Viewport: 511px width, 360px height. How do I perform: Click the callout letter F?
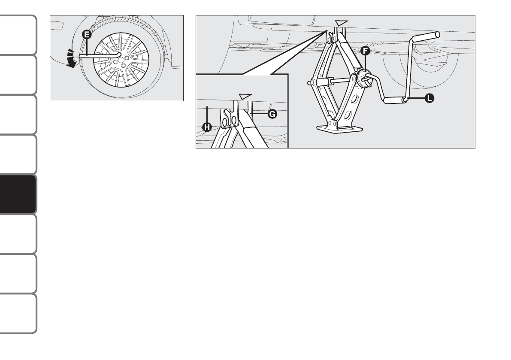tap(366, 51)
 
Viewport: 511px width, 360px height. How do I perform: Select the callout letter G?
tap(271, 115)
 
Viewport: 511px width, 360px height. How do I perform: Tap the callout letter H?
tap(207, 127)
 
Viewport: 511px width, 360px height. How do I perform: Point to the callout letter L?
tap(429, 98)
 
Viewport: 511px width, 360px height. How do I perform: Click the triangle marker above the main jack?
tap(342, 22)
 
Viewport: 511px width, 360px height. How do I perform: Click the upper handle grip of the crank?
tap(426, 36)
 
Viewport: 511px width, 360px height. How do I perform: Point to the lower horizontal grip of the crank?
tap(394, 101)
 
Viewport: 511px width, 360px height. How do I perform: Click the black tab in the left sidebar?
tap(18, 194)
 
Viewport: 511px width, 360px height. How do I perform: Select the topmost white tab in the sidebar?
tap(18, 35)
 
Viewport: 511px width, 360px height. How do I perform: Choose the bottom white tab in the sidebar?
tap(18, 314)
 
